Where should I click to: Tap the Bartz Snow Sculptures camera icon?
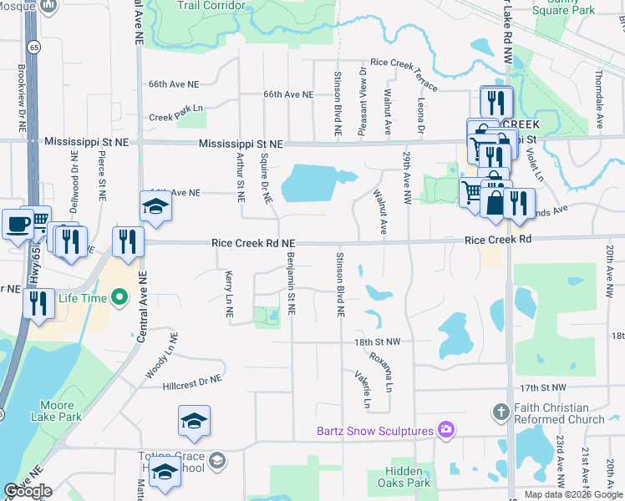tap(447, 430)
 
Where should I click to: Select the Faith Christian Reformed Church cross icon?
tap(501, 412)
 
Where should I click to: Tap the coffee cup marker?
tap(18, 224)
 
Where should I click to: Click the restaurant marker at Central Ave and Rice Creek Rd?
tap(128, 242)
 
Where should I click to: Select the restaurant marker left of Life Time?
tap(38, 304)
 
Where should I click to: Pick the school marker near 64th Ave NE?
tap(155, 205)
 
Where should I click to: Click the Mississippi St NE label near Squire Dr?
tap(241, 144)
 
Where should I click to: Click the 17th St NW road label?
tap(542, 387)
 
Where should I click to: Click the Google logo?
tap(28, 491)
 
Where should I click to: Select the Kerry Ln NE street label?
tap(228, 294)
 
